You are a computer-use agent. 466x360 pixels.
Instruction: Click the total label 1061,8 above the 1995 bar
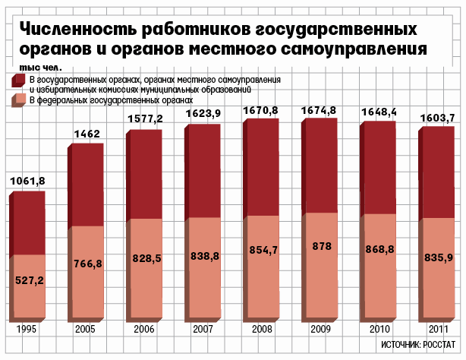click(x=28, y=181)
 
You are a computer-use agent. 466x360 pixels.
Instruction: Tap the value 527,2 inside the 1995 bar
click(x=30, y=280)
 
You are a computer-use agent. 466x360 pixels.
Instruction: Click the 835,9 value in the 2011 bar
click(x=438, y=258)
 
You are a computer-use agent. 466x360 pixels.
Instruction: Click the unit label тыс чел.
click(x=27, y=68)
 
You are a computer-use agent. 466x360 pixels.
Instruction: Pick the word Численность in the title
click(x=74, y=30)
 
